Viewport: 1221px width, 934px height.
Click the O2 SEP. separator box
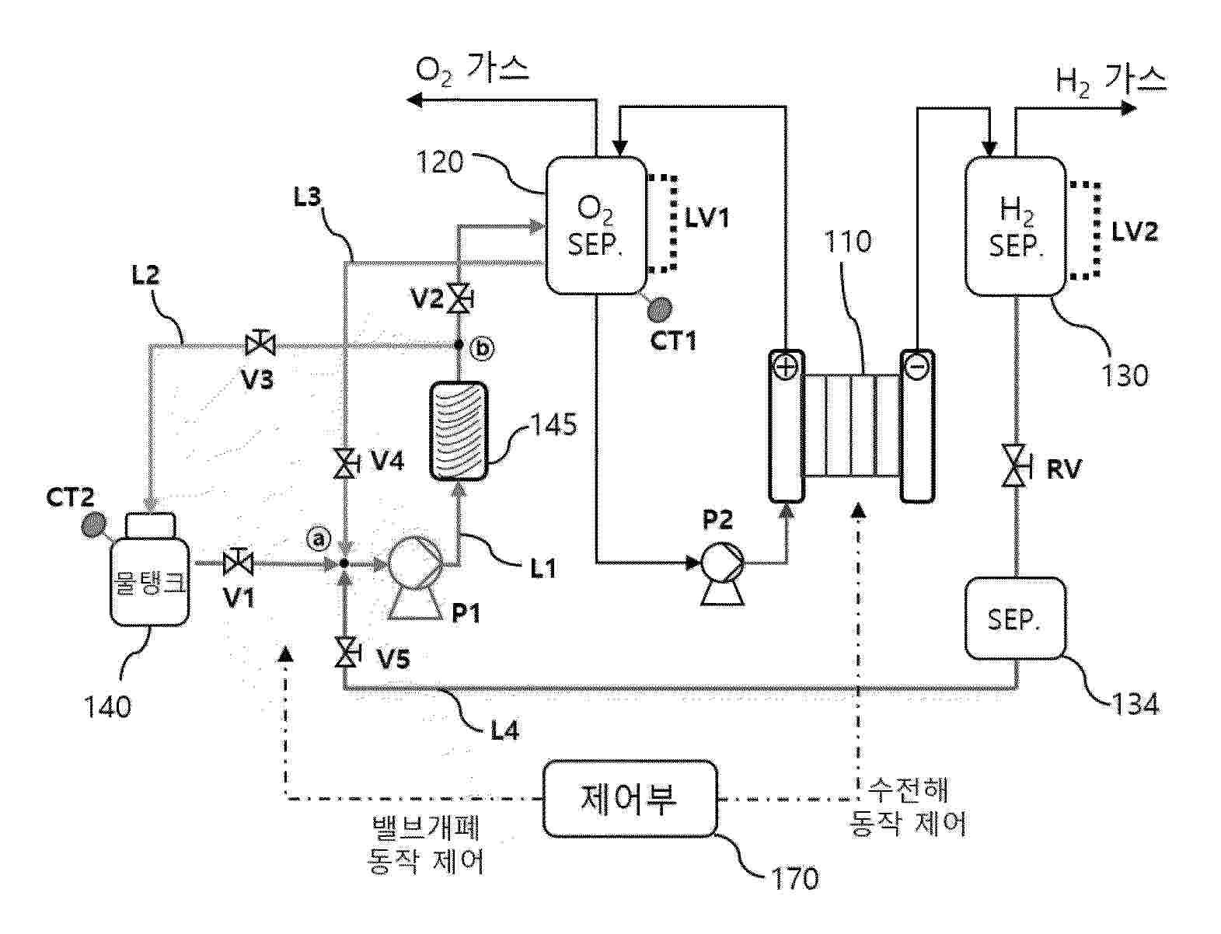pos(596,225)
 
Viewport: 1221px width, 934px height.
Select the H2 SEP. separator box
pos(1015,226)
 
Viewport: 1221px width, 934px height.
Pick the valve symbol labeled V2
pos(459,298)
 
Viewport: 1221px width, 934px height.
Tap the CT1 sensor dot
pos(661,309)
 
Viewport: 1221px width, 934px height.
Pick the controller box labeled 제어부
pos(629,798)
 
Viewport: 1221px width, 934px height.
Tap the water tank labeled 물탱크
pos(149,579)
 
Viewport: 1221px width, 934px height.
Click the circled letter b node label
pos(483,349)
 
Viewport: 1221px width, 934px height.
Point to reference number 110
pos(847,242)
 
